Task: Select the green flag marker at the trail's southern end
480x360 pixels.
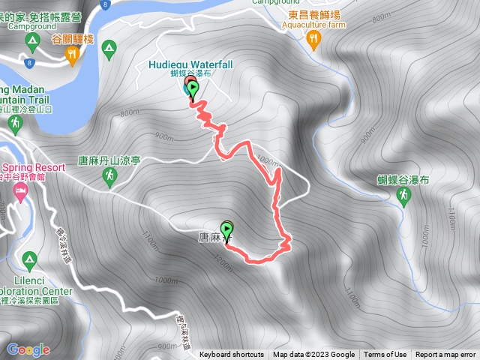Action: click(226, 229)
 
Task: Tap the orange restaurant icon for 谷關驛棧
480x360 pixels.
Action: click(72, 52)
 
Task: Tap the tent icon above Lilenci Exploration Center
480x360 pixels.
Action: click(30, 260)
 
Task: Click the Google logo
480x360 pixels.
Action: click(28, 349)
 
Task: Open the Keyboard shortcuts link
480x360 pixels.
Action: click(232, 355)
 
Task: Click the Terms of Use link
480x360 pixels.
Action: click(385, 355)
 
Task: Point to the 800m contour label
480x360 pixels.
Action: click(129, 112)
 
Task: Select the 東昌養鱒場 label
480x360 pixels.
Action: click(313, 13)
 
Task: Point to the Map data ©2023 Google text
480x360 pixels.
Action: click(313, 355)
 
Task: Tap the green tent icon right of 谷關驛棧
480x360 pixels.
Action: click(109, 49)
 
